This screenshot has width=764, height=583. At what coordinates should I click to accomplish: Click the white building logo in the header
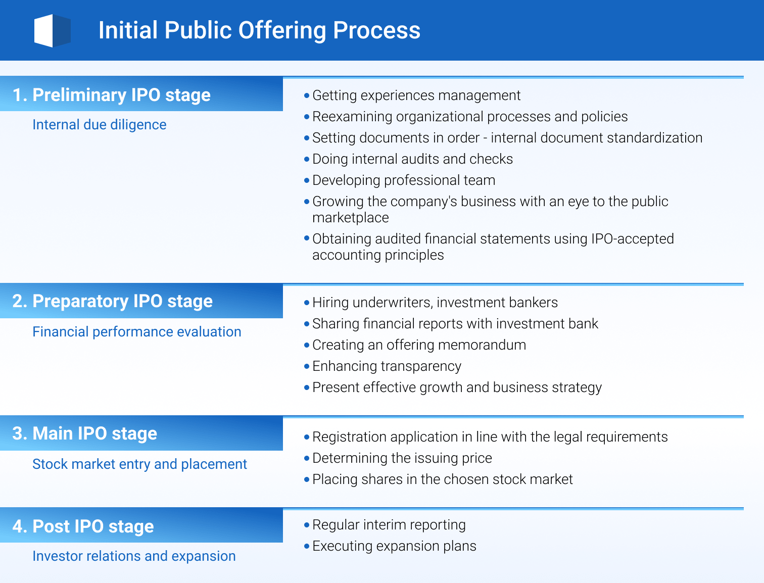click(x=52, y=31)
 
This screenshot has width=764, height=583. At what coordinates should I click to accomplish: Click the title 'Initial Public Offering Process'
click(x=259, y=30)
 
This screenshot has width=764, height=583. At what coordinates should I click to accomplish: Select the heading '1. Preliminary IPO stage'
click(x=111, y=95)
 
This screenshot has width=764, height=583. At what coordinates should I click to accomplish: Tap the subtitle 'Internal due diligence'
click(x=99, y=125)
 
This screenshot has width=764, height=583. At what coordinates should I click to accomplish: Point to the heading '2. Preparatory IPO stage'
click(x=112, y=301)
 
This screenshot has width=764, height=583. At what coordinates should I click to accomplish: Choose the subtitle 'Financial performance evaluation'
click(x=136, y=332)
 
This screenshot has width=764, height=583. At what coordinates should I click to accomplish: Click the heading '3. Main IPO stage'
click(x=84, y=433)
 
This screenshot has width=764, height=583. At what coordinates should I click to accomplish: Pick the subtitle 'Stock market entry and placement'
click(x=139, y=464)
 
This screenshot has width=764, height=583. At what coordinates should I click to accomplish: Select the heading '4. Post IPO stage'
click(x=83, y=526)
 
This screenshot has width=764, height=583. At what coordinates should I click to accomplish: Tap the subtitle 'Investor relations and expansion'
click(x=134, y=556)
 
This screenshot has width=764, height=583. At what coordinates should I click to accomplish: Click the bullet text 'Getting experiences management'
click(x=416, y=95)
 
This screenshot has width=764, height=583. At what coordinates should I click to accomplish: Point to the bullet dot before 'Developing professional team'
click(x=307, y=180)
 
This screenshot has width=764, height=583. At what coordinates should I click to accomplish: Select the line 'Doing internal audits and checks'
click(x=412, y=159)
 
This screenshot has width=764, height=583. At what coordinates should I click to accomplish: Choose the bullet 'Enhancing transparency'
click(x=387, y=366)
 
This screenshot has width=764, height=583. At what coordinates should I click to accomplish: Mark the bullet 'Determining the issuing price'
click(x=402, y=458)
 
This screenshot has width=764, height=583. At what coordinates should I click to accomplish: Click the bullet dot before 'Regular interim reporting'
click(x=307, y=525)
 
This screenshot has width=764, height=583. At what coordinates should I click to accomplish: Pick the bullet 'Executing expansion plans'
click(x=394, y=546)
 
